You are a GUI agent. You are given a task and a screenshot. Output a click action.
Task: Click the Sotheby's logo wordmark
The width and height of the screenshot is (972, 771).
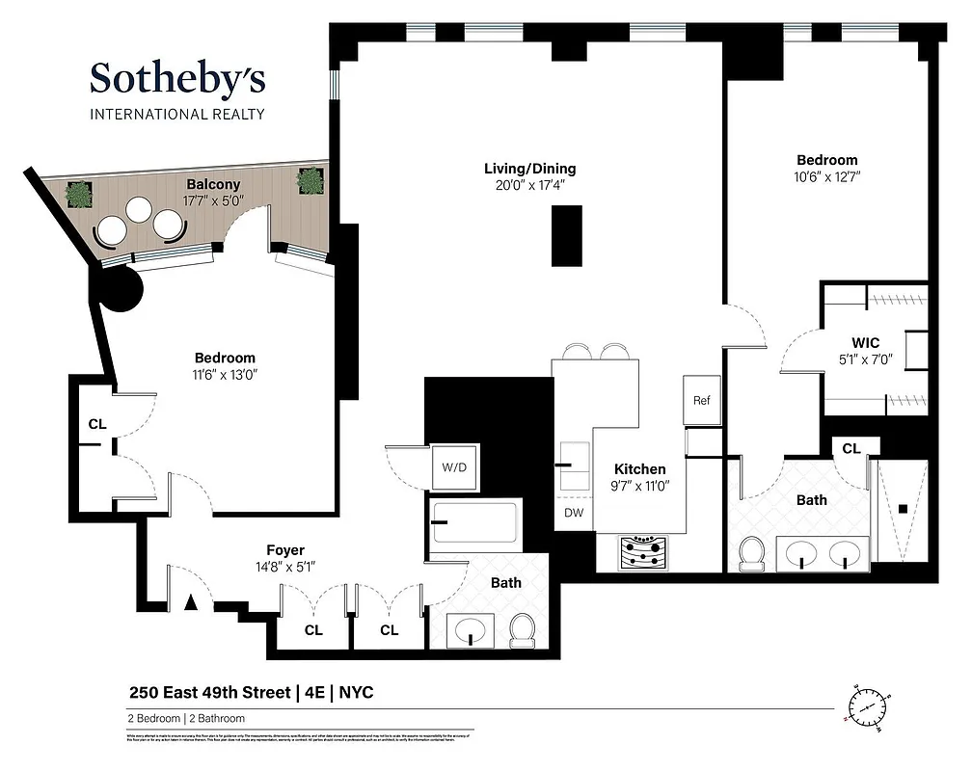click(176, 79)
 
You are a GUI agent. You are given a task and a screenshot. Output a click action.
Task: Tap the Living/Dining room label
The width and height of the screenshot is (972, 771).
click(529, 169)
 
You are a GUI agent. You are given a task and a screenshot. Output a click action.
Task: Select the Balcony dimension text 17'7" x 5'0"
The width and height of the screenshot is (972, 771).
click(213, 201)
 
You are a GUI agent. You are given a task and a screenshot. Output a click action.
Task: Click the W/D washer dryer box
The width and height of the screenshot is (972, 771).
click(454, 467)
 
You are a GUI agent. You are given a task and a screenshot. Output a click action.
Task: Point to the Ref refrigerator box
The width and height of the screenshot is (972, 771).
click(701, 400)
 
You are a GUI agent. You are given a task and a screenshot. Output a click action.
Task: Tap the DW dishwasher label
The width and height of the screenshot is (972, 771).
click(573, 513)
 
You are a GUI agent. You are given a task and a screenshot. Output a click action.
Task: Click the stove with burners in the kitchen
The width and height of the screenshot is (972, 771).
click(640, 553)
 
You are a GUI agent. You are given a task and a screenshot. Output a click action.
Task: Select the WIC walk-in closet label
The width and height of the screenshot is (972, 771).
click(865, 343)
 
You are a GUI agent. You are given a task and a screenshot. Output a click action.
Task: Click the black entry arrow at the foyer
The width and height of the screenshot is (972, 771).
click(191, 603)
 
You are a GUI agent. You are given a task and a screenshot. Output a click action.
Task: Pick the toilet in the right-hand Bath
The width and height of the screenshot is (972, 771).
click(751, 554)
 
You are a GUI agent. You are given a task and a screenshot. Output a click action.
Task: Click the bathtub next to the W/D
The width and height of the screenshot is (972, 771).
click(474, 525)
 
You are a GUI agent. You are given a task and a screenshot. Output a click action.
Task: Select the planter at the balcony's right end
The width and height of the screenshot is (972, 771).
click(310, 181)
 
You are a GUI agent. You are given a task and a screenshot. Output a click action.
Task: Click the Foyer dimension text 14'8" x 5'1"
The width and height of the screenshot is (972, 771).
click(285, 567)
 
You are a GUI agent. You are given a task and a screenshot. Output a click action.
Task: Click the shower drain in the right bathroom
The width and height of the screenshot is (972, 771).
click(904, 508)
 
